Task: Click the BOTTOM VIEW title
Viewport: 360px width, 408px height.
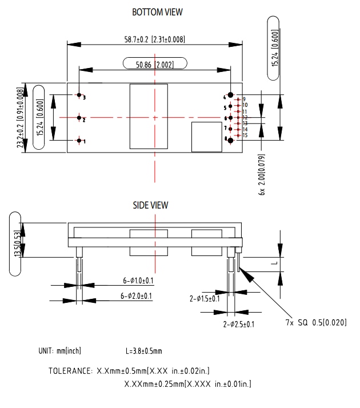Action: coord(157,12)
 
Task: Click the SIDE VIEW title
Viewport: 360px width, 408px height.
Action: coord(151,205)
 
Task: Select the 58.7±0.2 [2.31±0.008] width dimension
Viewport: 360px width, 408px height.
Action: coord(151,39)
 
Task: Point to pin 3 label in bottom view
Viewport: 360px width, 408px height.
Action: coord(84,98)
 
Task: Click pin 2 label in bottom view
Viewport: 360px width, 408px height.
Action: coord(84,119)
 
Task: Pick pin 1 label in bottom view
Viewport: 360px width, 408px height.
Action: coord(84,141)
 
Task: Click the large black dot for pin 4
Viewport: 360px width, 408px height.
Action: coord(230,95)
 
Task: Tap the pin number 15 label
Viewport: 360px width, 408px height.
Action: coord(245,135)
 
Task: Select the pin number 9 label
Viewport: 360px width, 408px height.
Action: coord(243,99)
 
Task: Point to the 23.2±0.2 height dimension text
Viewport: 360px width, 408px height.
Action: coord(21,119)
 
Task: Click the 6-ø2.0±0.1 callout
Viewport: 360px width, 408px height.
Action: coord(136,296)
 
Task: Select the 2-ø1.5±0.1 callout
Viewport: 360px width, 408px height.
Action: coord(204,298)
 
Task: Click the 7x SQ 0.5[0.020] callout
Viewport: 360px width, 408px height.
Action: coord(316,323)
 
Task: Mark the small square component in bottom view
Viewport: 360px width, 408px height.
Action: coord(206,137)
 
